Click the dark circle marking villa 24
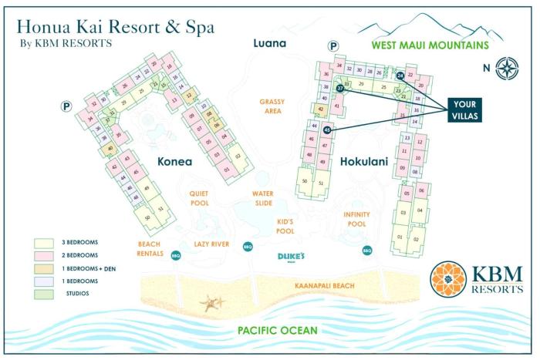pyautogui.click(x=400, y=76)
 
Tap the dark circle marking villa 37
pyautogui.click(x=339, y=88)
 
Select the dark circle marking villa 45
pyautogui.click(x=327, y=130)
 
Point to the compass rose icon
pyautogui.click(x=506, y=68)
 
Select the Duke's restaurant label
pyautogui.click(x=292, y=257)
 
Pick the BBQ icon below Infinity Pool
pyautogui.click(x=367, y=250)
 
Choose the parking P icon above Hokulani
pyautogui.click(x=332, y=47)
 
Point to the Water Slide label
pyautogui.click(x=262, y=198)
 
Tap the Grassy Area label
pyautogui.click(x=272, y=106)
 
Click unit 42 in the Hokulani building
pyautogui.click(x=320, y=109)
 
